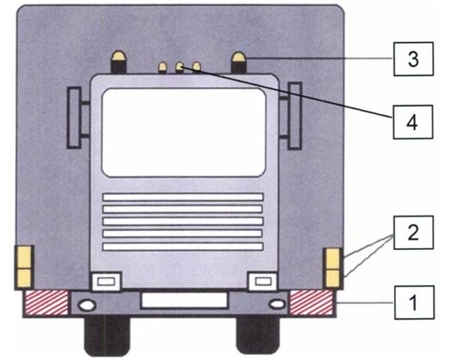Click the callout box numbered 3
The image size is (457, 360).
[413, 59]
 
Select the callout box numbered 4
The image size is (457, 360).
[413, 122]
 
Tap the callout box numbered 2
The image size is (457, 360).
[413, 233]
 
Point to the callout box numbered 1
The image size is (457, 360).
[414, 302]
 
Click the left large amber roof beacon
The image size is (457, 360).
[119, 62]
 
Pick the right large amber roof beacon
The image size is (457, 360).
[239, 63]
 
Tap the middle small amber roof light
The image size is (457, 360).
[180, 68]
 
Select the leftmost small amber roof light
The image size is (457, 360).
[162, 68]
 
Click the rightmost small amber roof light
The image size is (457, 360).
[197, 67]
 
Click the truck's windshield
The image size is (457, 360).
[184, 132]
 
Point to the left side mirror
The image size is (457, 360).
[74, 118]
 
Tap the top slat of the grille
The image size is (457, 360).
[183, 197]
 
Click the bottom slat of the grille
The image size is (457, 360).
[183, 247]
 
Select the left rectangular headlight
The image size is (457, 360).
[106, 282]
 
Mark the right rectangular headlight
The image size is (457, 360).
[263, 282]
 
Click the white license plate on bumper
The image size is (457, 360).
[184, 300]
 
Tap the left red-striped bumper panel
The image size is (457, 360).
[46, 303]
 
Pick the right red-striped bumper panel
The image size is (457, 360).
[311, 303]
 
